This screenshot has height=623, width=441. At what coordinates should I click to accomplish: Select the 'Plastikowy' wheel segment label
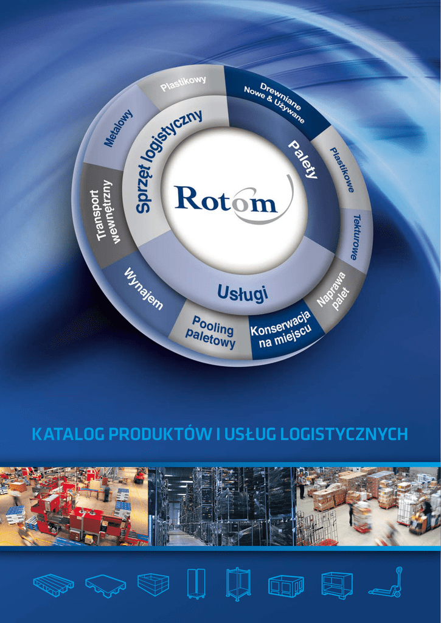183,83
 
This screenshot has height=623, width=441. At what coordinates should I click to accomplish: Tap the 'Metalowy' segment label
118,128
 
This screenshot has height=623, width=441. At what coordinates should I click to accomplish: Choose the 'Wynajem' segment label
144,288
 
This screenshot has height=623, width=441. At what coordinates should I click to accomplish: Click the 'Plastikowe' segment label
342,170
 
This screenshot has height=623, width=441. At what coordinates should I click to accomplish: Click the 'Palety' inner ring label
302,159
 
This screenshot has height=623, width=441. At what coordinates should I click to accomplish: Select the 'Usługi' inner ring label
242,294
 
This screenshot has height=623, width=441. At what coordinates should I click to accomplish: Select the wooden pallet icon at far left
54,585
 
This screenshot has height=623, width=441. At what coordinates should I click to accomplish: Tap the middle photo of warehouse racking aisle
221,506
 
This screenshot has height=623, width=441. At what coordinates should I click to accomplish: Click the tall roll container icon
196,585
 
